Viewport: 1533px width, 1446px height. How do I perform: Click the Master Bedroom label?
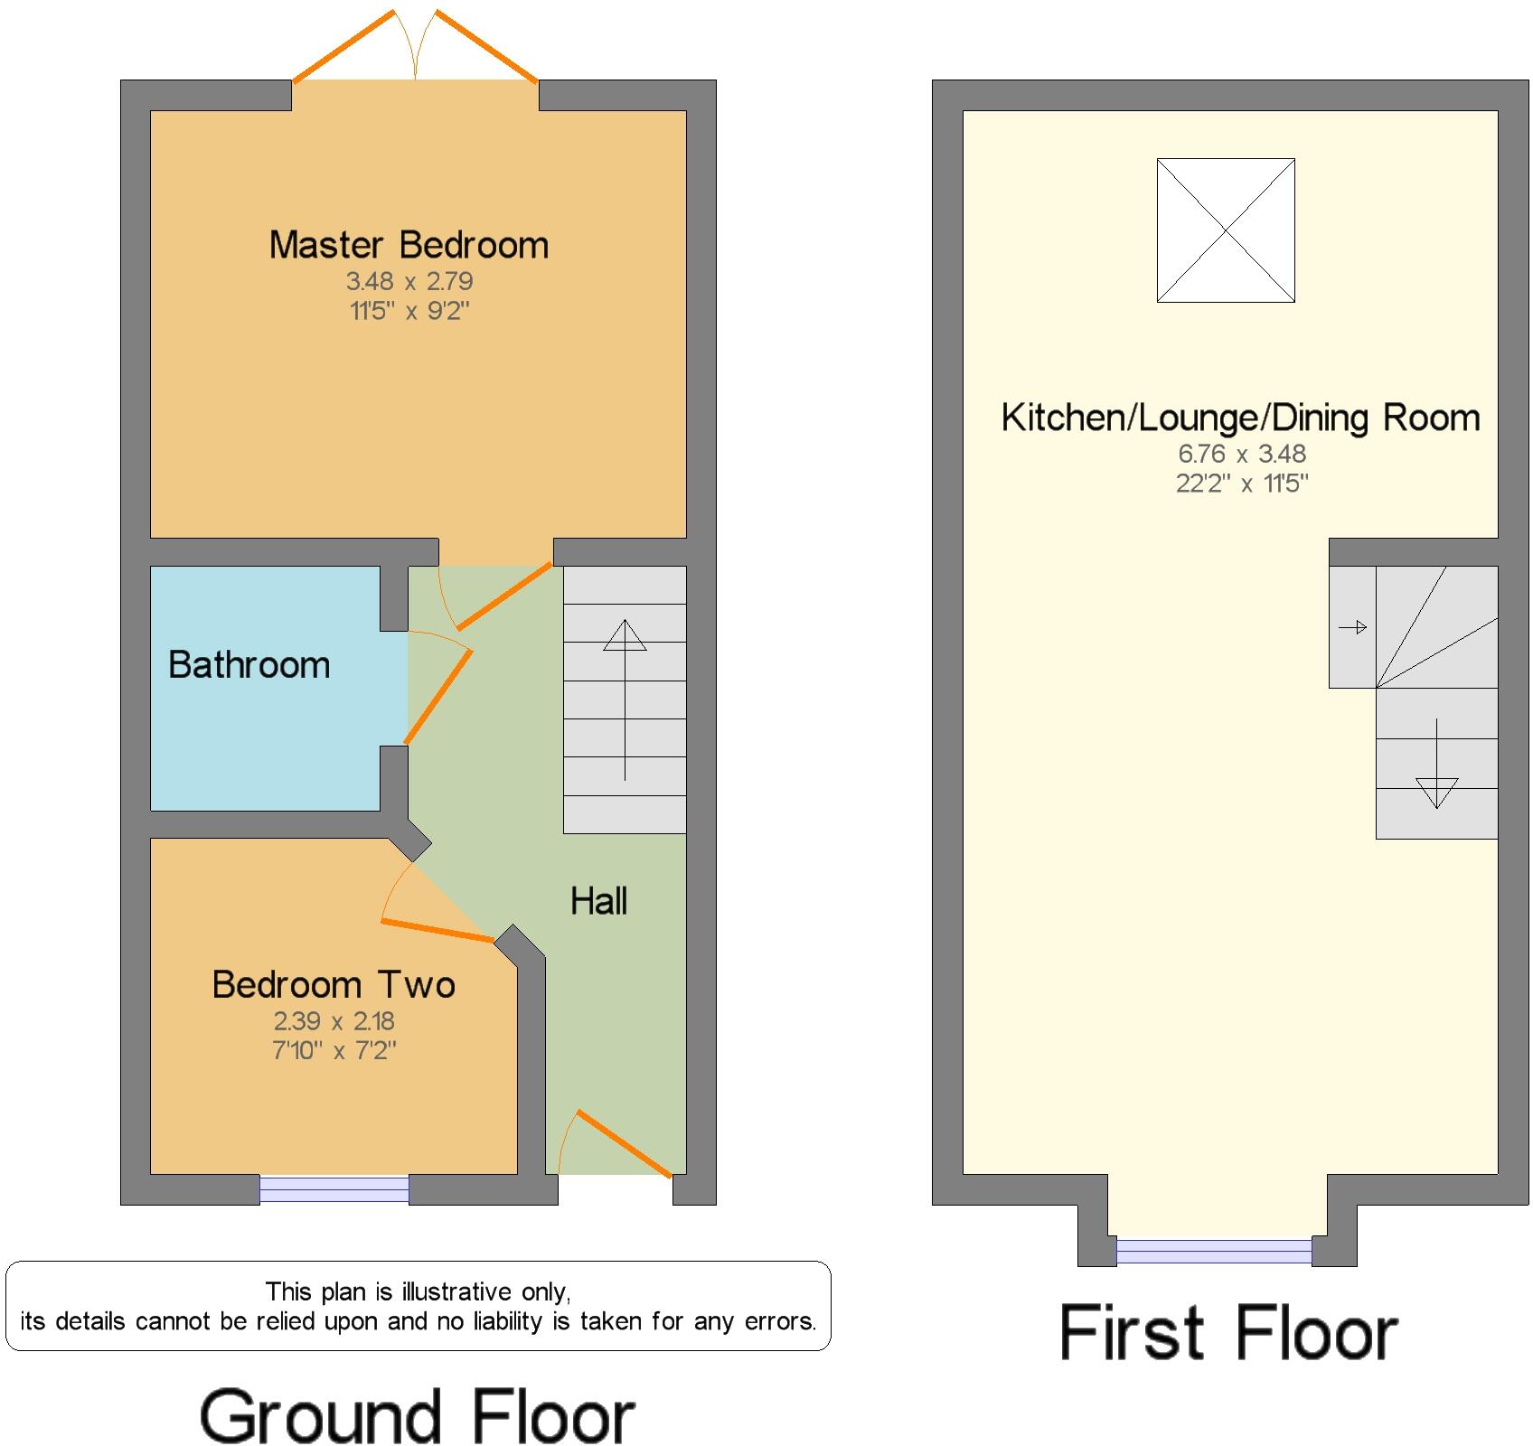click(409, 245)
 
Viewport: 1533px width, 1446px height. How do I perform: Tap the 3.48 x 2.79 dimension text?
click(409, 281)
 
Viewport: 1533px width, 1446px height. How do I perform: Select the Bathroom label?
click(249, 665)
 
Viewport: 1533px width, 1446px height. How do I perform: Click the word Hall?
click(598, 901)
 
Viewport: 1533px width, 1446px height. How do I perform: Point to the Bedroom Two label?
click(334, 984)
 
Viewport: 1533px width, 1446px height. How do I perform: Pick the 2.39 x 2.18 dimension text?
click(334, 1021)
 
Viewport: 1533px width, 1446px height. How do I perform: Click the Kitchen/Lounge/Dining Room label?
click(1240, 418)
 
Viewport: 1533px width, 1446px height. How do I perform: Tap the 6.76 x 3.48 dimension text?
click(1242, 454)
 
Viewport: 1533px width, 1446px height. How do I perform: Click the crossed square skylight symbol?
click(1226, 230)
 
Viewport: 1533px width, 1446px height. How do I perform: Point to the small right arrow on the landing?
click(1352, 627)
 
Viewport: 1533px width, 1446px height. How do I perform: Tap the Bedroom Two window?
click(334, 1189)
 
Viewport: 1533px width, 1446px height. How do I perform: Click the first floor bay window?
click(1213, 1251)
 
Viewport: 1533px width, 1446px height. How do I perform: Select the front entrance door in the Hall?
click(624, 1143)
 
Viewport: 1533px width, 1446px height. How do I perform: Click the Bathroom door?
click(438, 696)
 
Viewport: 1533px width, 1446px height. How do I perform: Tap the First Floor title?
click(1227, 1333)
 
